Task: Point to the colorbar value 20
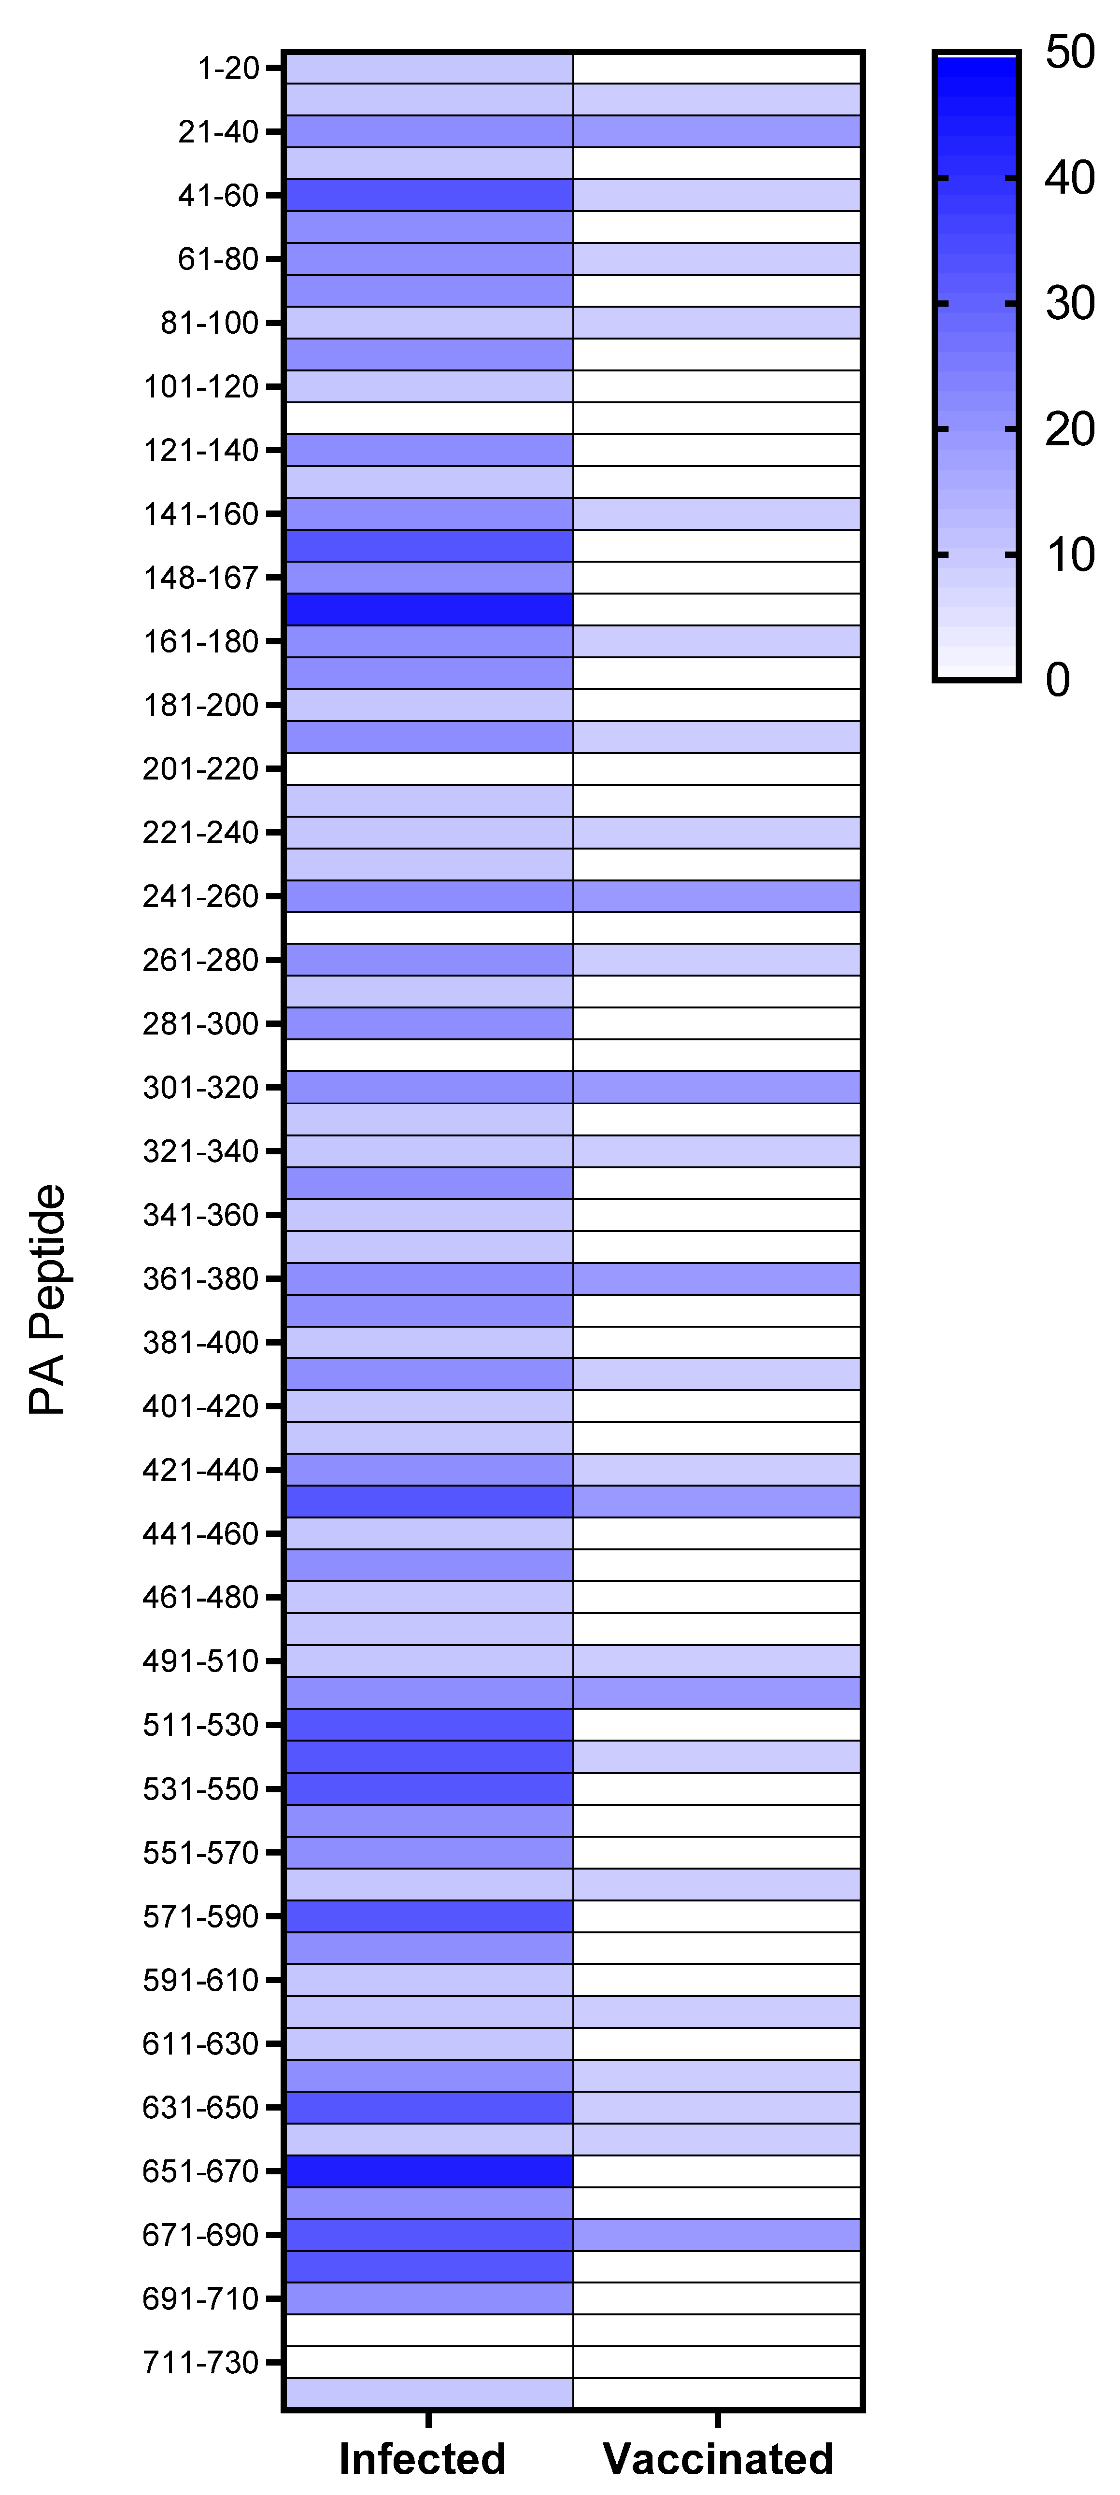tap(1070, 429)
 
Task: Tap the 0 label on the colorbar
tap(1058, 680)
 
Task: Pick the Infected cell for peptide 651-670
tap(429, 2171)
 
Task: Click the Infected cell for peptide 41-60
tap(429, 195)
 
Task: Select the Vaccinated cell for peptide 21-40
tap(717, 131)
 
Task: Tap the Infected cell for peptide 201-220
tap(429, 769)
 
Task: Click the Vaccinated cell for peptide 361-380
tap(717, 1278)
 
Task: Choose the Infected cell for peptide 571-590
tap(429, 1916)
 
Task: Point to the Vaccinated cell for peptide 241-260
tap(717, 896)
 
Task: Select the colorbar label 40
tap(1070, 178)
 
